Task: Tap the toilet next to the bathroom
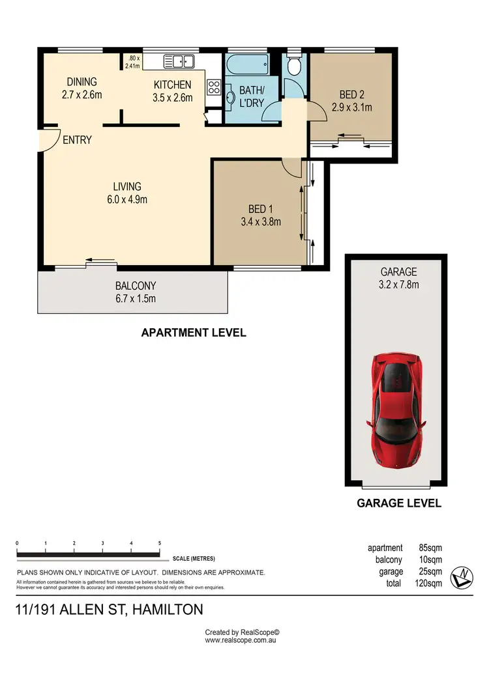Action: [x=293, y=66]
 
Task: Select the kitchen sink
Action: [x=179, y=62]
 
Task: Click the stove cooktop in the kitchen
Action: [x=213, y=87]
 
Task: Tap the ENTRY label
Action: [x=77, y=140]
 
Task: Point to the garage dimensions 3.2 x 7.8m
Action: [x=400, y=284]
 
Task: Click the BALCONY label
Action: [x=136, y=286]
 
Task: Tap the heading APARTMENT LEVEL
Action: [x=194, y=333]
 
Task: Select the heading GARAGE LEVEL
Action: [x=399, y=503]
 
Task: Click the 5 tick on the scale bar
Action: [x=160, y=543]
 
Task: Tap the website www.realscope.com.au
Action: [x=242, y=640]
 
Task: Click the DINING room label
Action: [x=82, y=82]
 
